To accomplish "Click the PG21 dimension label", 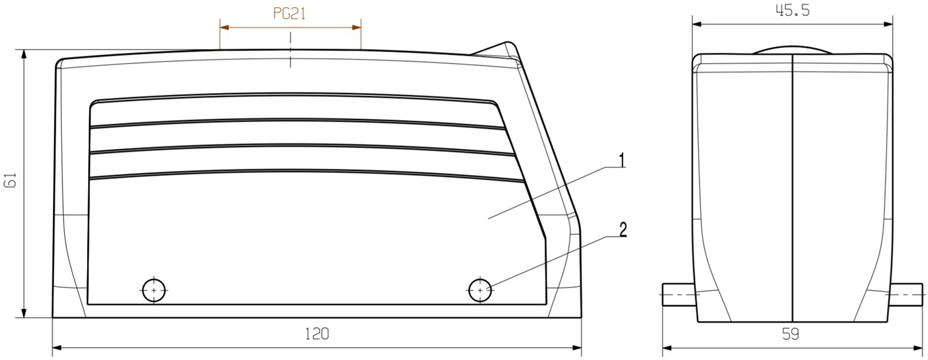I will pos(290,14).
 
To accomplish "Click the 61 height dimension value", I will pos(10,180).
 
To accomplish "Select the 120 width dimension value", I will pos(316,334).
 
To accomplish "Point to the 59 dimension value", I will pos(791,334).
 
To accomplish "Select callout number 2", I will pos(622,229).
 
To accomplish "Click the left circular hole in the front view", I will pos(154,290).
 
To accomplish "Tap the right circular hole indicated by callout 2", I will pos(480,290).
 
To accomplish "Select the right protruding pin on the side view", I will pos(905,295).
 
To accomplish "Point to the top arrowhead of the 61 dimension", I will pos(24,54).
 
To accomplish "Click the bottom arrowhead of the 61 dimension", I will pos(24,313).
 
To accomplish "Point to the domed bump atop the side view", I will pos(792,50).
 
